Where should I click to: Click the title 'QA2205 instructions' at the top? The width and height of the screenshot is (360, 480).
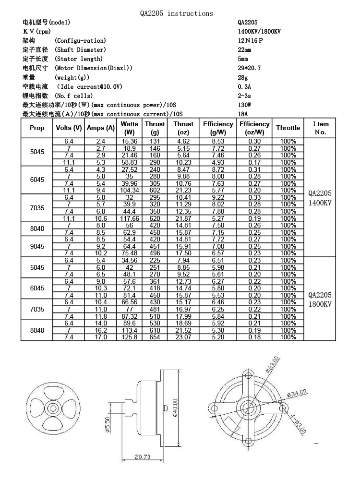point(176,13)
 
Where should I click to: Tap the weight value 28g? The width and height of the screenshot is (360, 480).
point(242,77)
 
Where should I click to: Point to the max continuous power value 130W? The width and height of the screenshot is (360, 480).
point(244,105)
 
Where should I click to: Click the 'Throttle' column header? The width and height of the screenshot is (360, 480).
point(288,128)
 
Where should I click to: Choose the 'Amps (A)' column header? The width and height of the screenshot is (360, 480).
point(100,128)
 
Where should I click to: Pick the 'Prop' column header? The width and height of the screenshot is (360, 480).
point(37,128)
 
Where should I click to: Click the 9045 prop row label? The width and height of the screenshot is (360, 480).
point(37,246)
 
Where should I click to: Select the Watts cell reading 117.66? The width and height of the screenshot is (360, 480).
point(130,218)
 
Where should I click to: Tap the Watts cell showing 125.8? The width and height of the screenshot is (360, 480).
point(130,337)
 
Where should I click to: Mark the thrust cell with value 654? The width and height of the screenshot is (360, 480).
point(155,337)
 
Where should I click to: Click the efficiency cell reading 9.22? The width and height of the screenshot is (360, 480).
point(218,197)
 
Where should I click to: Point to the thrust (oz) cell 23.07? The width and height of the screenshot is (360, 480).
point(183,337)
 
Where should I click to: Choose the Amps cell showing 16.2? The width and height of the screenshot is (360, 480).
point(100,330)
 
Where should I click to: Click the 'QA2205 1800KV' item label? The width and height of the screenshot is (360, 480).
point(320,300)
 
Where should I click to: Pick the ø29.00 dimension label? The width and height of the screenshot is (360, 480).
point(272,364)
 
